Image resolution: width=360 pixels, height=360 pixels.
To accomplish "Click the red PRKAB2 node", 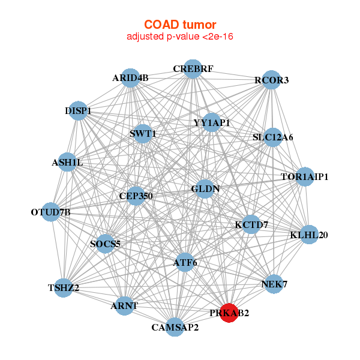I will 229,313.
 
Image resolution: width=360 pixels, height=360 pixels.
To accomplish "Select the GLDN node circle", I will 205,188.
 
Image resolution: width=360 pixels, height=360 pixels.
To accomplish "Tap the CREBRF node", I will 193,69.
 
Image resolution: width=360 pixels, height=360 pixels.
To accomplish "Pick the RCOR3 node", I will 271,80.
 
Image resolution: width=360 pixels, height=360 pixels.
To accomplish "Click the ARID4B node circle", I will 131,78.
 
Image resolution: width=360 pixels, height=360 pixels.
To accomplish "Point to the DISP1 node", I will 79,111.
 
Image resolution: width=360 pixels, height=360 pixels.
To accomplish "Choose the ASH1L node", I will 67,162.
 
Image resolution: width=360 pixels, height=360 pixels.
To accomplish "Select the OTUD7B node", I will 51,212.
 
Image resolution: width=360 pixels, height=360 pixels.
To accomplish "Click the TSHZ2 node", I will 64,288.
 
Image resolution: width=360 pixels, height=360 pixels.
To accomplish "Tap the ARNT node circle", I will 124,305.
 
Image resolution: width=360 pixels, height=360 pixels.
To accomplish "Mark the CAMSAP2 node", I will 175,327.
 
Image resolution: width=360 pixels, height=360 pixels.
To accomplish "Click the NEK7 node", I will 274,284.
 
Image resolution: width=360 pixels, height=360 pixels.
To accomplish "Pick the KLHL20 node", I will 308,235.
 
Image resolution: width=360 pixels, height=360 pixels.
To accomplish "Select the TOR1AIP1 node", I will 305,177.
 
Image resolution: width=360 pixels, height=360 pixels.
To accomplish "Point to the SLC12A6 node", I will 273,137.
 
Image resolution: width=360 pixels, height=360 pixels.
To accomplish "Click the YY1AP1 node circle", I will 211,123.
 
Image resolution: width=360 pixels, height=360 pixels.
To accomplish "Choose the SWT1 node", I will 143,133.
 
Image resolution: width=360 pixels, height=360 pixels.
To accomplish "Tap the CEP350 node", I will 136,196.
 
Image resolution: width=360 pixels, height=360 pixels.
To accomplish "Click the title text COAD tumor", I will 180,25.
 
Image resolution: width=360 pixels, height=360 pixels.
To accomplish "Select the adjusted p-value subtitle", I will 180,37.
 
